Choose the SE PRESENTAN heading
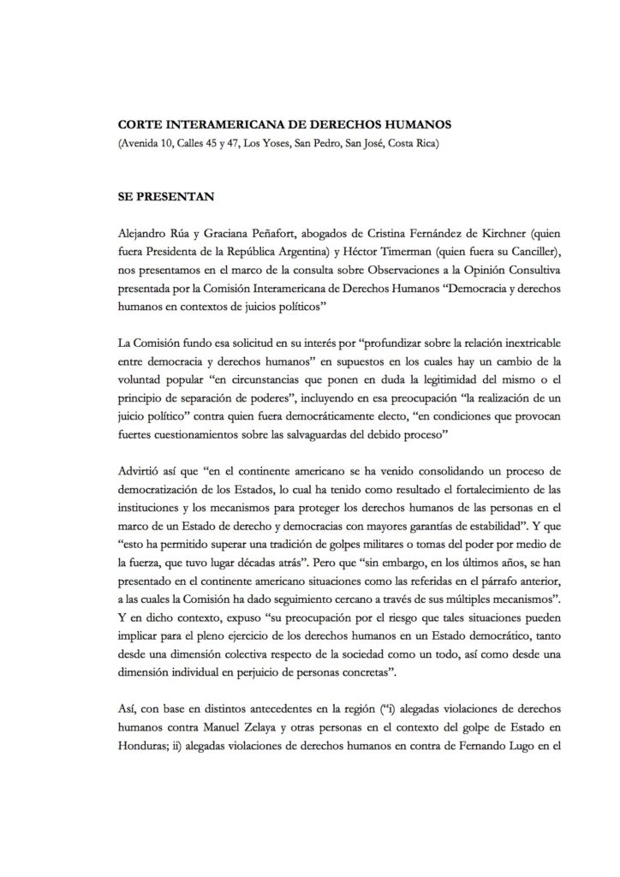(x=164, y=196)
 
